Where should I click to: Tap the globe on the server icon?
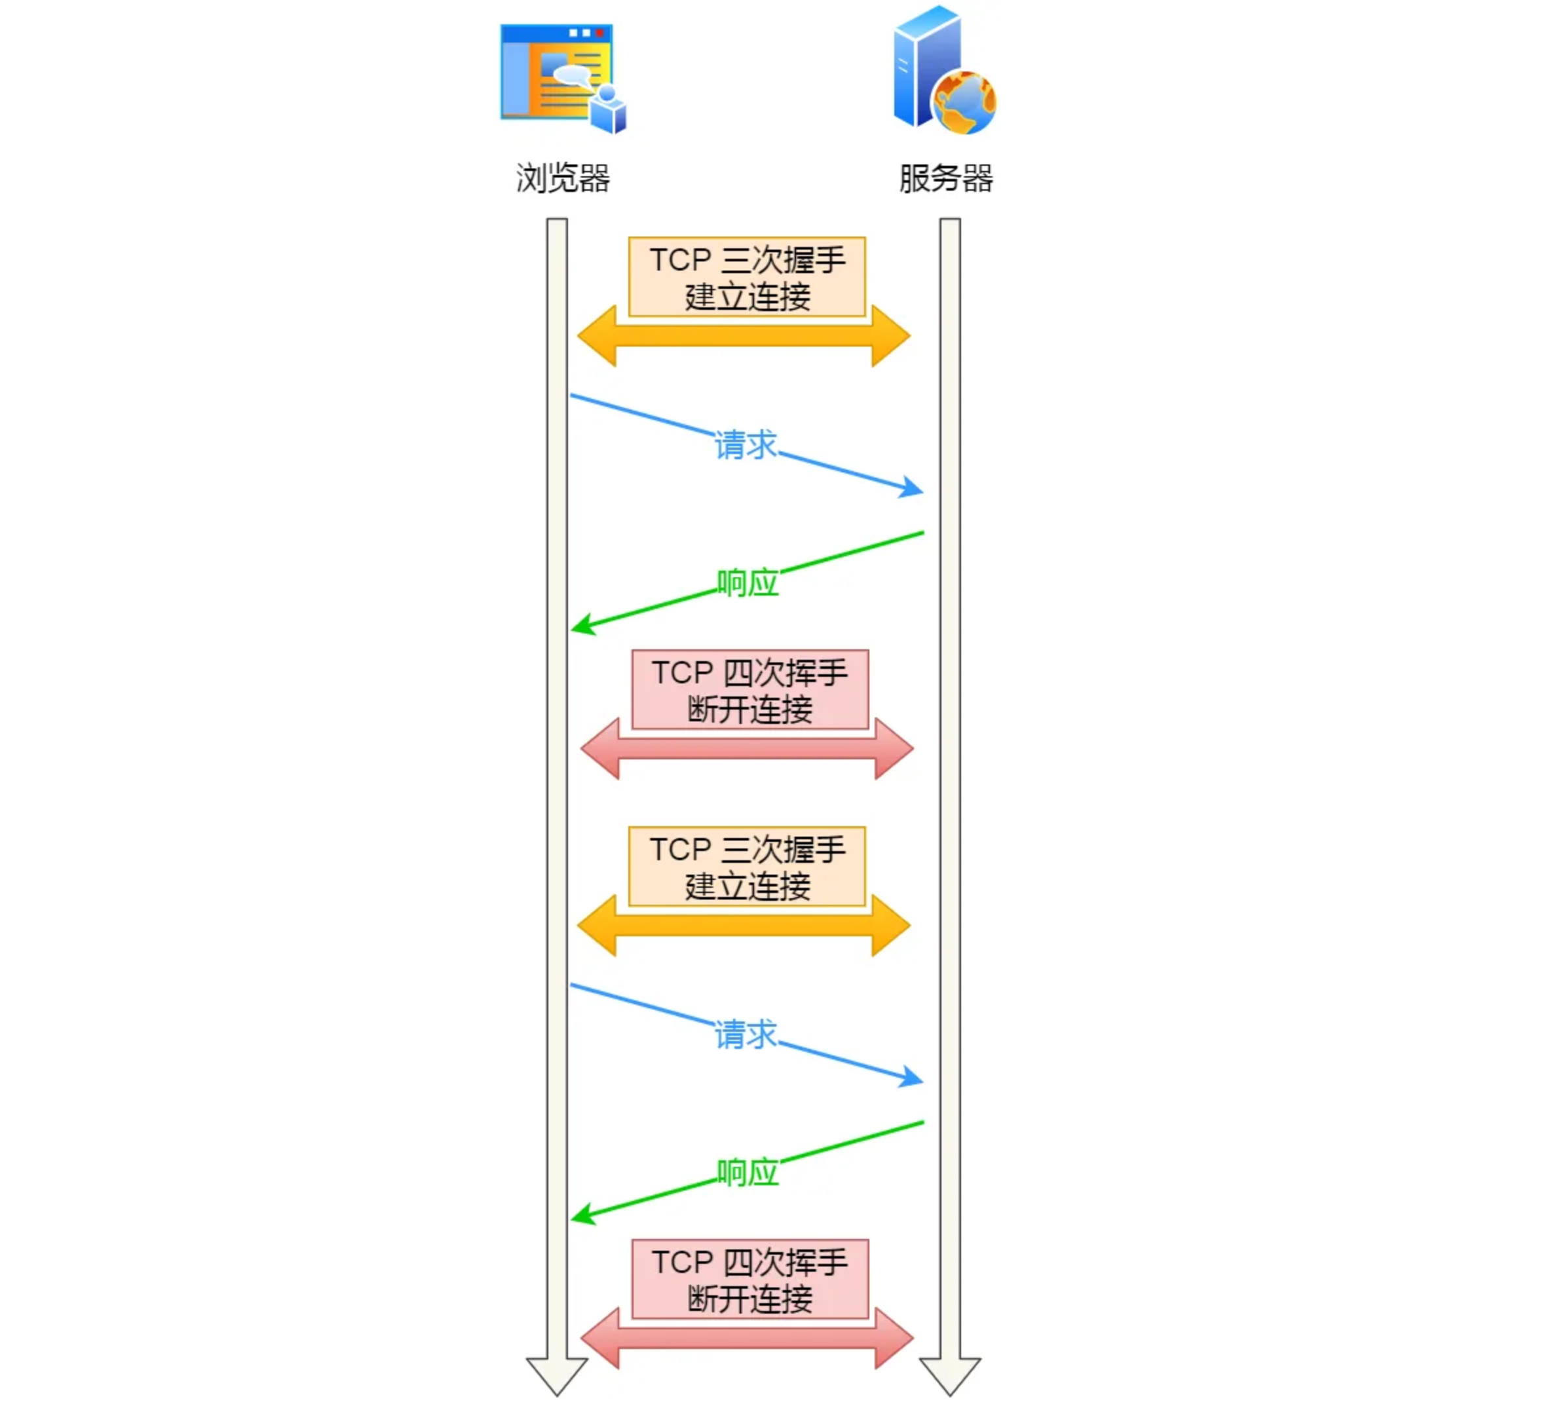pyautogui.click(x=964, y=102)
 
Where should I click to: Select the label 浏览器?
pyautogui.click(x=563, y=178)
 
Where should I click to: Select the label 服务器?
pyautogui.click(x=946, y=178)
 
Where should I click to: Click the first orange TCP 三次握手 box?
pyautogui.click(x=747, y=276)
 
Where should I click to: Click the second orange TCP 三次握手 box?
pyautogui.click(x=747, y=866)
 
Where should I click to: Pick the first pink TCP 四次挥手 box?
pyautogui.click(x=750, y=689)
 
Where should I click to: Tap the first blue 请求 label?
pyautogui.click(x=746, y=445)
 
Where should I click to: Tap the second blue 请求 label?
pyautogui.click(x=746, y=1035)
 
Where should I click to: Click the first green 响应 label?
pyautogui.click(x=747, y=582)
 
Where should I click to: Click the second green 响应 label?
pyautogui.click(x=747, y=1173)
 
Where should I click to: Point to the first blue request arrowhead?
pyautogui.click(x=913, y=487)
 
